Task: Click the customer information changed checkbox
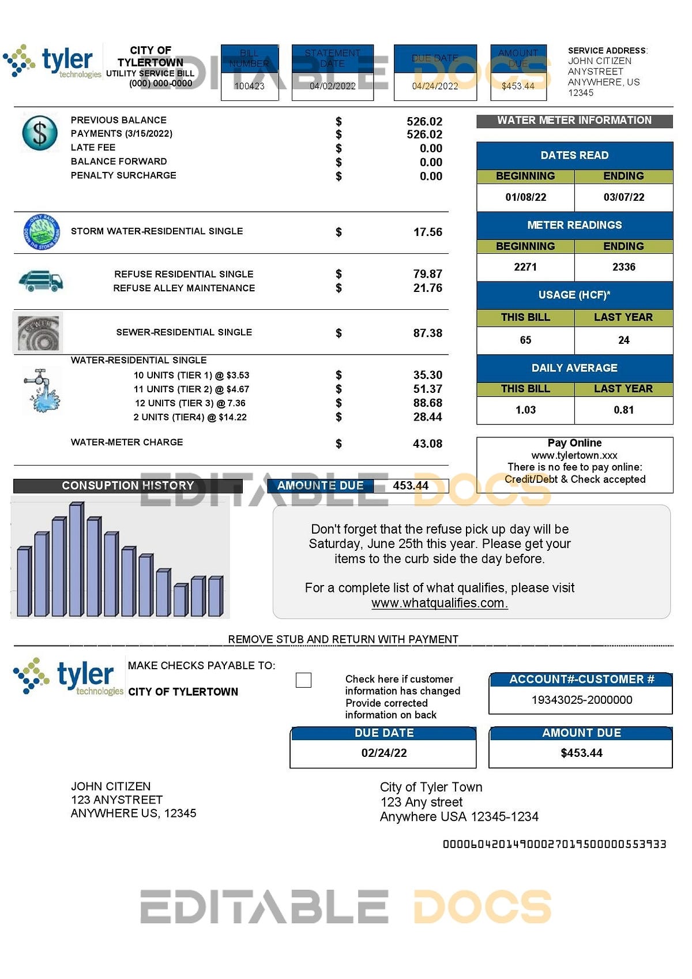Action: coord(303,680)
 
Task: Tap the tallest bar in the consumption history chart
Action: coord(76,560)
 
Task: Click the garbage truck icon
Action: coord(40,281)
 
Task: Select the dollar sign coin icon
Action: coord(40,133)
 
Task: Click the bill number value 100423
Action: coord(249,86)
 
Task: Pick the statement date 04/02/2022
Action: coord(332,86)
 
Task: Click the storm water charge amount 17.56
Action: coord(427,232)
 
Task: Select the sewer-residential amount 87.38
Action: coord(427,333)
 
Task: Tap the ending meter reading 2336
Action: coord(623,267)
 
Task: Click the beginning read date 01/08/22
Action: coord(525,197)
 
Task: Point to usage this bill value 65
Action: coord(525,340)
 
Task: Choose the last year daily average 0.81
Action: coord(623,410)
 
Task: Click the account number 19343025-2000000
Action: coord(581,700)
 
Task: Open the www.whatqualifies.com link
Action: coord(439,603)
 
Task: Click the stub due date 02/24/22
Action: coord(384,753)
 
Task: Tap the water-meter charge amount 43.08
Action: coord(427,444)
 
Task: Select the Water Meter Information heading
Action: coord(574,121)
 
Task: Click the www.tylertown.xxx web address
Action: coord(574,455)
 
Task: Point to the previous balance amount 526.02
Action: coord(424,121)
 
